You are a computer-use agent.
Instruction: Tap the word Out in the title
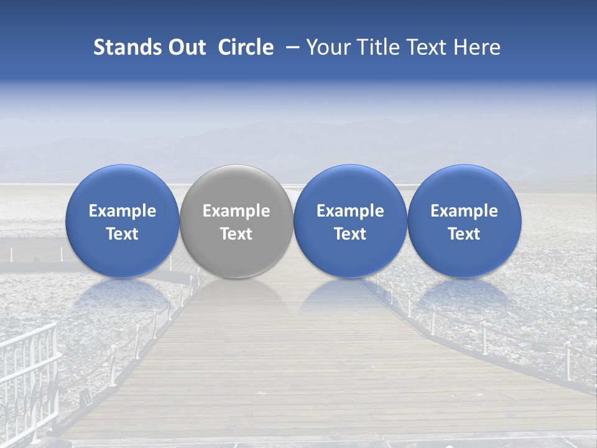pos(185,47)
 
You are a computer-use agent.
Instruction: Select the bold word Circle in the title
pos(246,47)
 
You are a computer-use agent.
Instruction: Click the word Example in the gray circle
pos(236,211)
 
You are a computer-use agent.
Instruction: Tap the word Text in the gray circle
pos(236,234)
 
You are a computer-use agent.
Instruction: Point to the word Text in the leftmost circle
pos(122,234)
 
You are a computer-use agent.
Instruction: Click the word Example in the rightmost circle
pos(465,211)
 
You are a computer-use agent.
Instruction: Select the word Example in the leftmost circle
pos(122,211)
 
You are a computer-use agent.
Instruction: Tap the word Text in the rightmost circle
pos(465,234)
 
